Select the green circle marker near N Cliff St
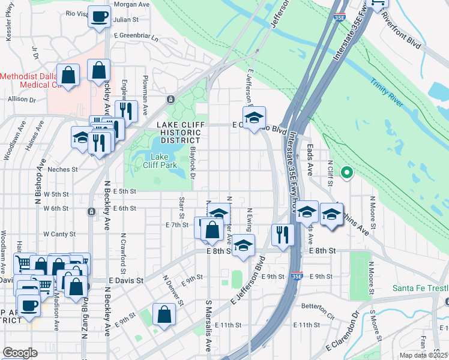pyautogui.click(x=346, y=174)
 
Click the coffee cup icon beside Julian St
pyautogui.click(x=100, y=16)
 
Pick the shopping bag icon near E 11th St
pyautogui.click(x=164, y=314)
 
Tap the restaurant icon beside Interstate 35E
pyautogui.click(x=281, y=234)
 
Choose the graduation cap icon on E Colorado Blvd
pyautogui.click(x=254, y=117)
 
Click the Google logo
pyautogui.click(x=20, y=353)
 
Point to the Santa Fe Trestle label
pyautogui.click(x=420, y=288)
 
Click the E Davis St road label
pyautogui.click(x=126, y=280)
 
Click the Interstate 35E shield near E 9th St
pyautogui.click(x=295, y=277)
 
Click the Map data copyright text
pyautogui.click(x=423, y=355)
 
